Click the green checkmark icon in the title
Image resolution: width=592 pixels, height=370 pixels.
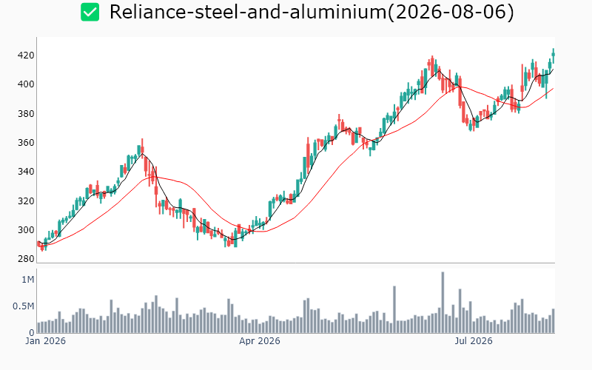pos(90,12)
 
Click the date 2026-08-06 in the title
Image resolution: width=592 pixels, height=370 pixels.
pos(451,12)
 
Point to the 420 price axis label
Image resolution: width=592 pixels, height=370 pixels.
pos(26,55)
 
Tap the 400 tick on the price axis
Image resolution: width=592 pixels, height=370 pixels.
pos(26,84)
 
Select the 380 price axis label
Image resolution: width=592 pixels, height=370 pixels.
pos(26,114)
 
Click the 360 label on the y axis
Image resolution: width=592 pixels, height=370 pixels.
pos(26,143)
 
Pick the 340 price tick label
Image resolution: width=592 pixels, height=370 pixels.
pos(26,172)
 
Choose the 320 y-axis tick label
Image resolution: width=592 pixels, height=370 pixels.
pos(26,201)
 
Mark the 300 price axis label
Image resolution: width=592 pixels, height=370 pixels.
pos(26,230)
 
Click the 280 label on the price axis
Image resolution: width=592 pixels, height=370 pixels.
pos(26,259)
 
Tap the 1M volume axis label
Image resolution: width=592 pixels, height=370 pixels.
pos(27,280)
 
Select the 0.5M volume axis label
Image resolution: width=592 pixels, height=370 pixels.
pos(24,306)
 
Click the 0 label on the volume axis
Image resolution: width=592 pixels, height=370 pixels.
pos(32,332)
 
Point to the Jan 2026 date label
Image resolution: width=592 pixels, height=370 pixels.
pos(45,341)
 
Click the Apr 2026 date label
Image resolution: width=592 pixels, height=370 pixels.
pos(260,341)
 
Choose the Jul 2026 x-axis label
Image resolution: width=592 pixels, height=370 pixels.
pos(474,341)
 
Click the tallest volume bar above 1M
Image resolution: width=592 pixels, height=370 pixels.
pos(443,303)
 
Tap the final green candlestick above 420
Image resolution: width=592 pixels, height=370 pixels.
pos(554,55)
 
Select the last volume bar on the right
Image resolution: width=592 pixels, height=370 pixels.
pos(554,321)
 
